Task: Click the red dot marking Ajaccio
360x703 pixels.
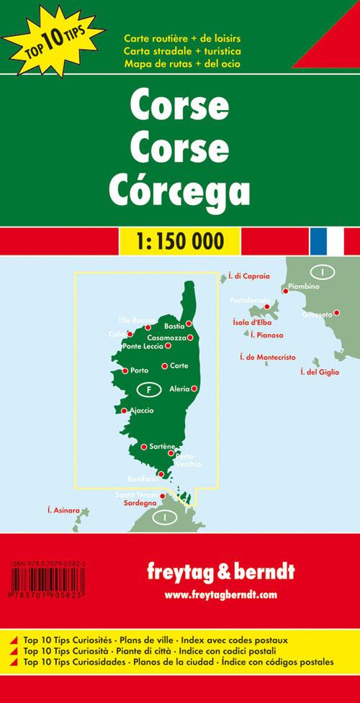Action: tap(125, 411)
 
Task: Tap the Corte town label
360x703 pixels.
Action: tap(179, 366)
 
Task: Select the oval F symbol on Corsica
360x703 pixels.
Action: tap(148, 390)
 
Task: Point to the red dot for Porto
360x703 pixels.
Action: tap(125, 371)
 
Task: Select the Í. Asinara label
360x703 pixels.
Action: tap(63, 510)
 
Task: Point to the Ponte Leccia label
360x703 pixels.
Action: tap(144, 347)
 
